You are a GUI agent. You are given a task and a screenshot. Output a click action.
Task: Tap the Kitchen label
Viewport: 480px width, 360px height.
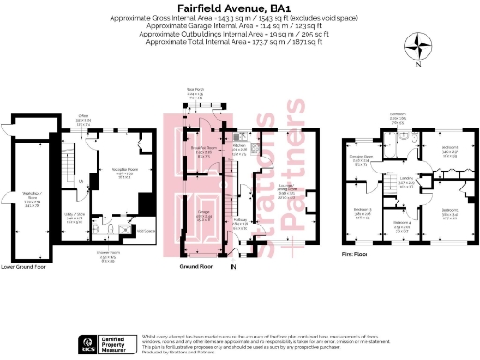(x=240, y=146)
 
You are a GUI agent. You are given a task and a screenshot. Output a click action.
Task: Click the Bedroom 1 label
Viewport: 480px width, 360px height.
(x=451, y=210)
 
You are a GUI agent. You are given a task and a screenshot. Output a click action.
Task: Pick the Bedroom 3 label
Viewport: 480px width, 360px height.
(x=363, y=211)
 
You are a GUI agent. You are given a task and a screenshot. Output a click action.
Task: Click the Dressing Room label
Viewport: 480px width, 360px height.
(x=361, y=158)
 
